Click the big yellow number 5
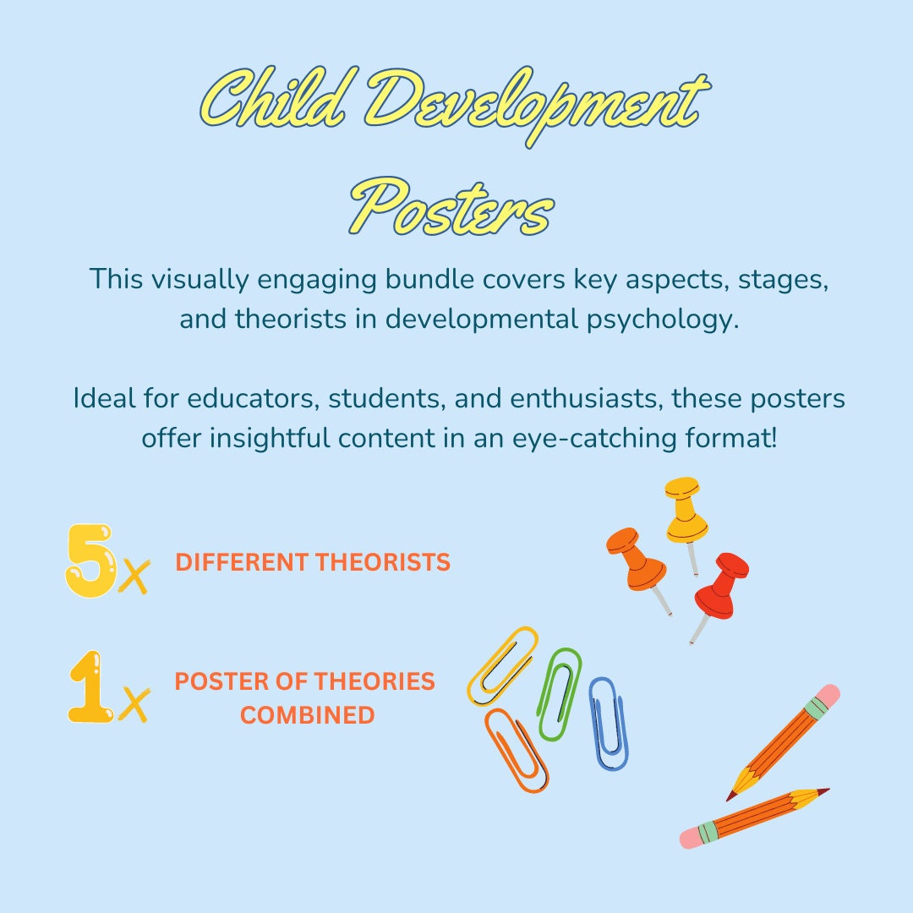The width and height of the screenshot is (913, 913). pos(90,560)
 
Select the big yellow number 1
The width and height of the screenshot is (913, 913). pos(90,687)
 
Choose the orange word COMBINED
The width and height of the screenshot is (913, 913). pos(307,715)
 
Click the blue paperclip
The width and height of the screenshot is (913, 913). pos(608,723)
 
